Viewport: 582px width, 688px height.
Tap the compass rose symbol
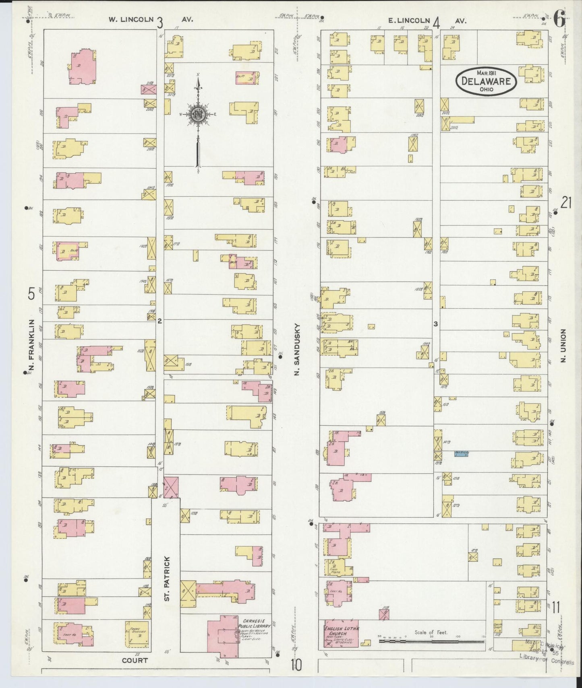tap(198, 114)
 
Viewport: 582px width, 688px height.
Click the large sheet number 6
tap(559, 19)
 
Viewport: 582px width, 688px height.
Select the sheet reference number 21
tap(566, 203)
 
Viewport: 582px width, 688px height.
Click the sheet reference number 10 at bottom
tap(296, 666)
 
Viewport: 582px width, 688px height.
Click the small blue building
tap(461, 453)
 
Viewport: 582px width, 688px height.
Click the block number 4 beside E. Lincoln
tap(436, 23)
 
